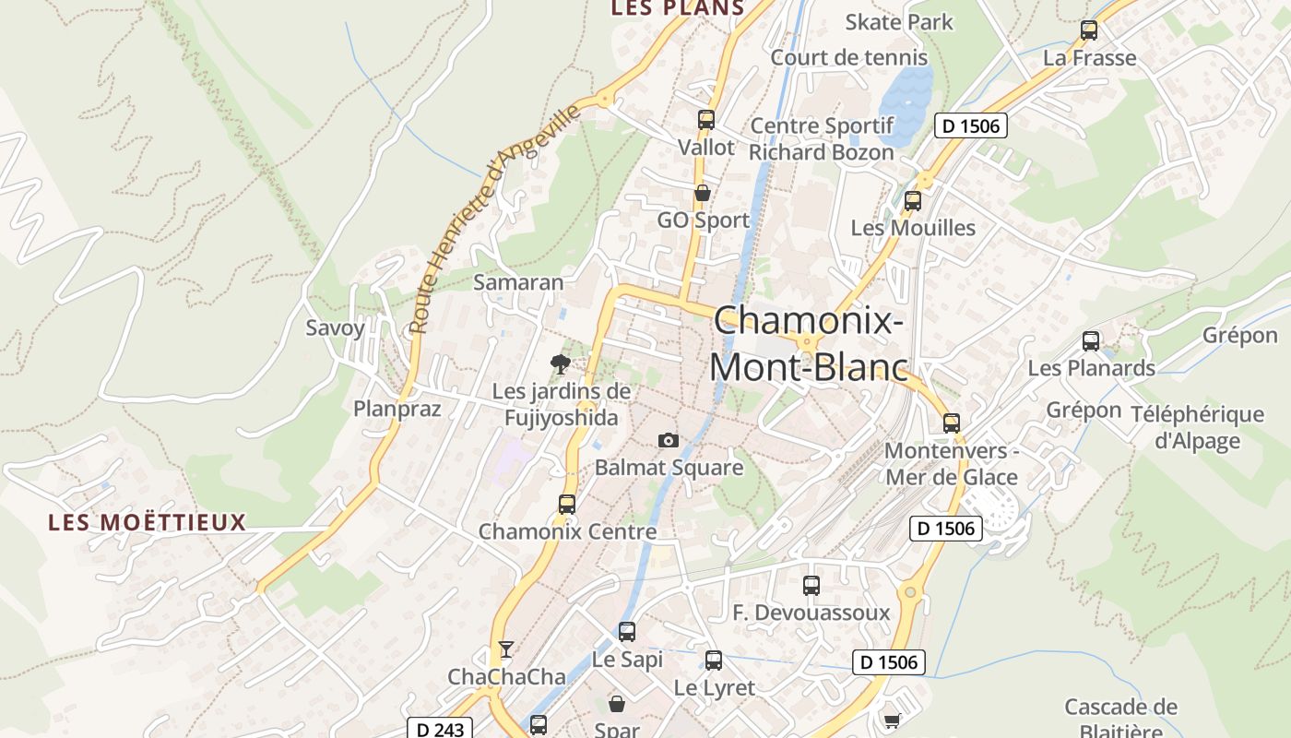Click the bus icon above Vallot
pos(706,120)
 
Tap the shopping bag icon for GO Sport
pos(703,193)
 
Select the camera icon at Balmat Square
pos(669,441)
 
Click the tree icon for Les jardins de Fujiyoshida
pos(560,364)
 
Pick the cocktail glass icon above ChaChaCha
pos(505,649)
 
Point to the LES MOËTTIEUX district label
pos(148,523)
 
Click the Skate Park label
pos(899,21)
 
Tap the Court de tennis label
pos(849,57)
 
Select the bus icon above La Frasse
pos(1089,30)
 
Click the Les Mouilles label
pos(913,228)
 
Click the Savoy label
pos(336,327)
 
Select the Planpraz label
pos(397,409)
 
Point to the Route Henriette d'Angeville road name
pos(495,218)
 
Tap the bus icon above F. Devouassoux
pos(811,586)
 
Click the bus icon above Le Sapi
pos(627,632)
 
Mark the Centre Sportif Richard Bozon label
pos(822,139)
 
